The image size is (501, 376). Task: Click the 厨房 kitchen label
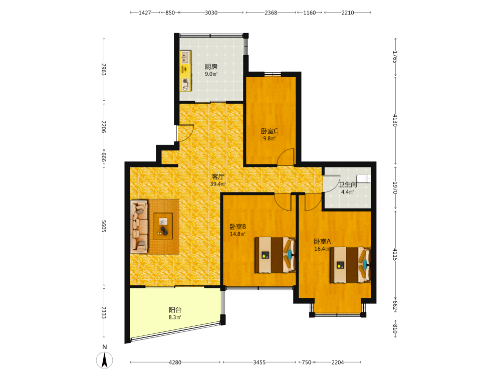pyautogui.click(x=211, y=67)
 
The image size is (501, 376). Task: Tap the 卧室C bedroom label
pyautogui.click(x=269, y=131)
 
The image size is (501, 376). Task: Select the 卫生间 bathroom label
pyautogui.click(x=348, y=184)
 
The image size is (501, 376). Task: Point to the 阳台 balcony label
pyautogui.click(x=175, y=310)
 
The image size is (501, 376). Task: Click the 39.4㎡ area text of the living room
pyautogui.click(x=218, y=184)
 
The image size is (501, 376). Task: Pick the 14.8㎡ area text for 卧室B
pyautogui.click(x=237, y=234)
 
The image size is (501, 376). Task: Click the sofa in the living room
pyautogui.click(x=139, y=227)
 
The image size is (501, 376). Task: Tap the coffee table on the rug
pyautogui.click(x=163, y=226)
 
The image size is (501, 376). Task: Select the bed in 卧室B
pyautogui.click(x=275, y=255)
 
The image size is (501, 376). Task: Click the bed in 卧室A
pyautogui.click(x=350, y=265)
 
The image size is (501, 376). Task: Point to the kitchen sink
pyautogui.click(x=185, y=58)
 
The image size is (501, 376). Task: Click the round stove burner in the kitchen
pyautogui.click(x=185, y=81)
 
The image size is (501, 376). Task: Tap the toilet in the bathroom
pyautogui.click(x=364, y=178)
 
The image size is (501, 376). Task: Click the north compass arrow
pyautogui.click(x=105, y=360)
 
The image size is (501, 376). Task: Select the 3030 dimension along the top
pyautogui.click(x=211, y=13)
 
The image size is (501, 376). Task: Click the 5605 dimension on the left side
pyautogui.click(x=104, y=226)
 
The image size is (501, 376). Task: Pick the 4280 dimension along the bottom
pyautogui.click(x=175, y=362)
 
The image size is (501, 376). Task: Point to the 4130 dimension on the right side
pyautogui.click(x=395, y=120)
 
